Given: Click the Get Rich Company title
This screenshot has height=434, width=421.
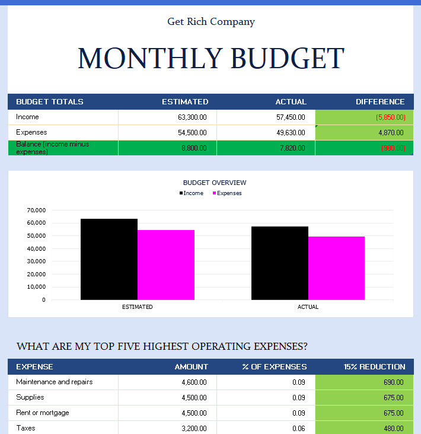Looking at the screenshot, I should tap(211, 22).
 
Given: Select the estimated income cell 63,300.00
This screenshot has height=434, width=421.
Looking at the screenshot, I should tap(192, 117).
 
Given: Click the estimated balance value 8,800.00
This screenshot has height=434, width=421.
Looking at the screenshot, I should tap(194, 148).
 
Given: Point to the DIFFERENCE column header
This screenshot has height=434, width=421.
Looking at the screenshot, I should tap(380, 102).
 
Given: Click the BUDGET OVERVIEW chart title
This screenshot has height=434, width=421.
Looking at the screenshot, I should tap(215, 183).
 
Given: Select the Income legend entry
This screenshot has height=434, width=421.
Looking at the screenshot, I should tap(193, 193).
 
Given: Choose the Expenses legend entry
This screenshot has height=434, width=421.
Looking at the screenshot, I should tap(229, 193).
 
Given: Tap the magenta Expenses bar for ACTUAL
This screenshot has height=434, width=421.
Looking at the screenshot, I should tap(336, 268).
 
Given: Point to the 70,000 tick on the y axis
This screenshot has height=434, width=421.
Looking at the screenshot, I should tap(36, 210).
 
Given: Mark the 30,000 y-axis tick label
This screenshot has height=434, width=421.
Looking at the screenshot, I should tap(36, 261).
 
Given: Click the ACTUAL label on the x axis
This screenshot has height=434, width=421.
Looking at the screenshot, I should tap(308, 307).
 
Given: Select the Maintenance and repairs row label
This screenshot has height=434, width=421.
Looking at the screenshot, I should tap(55, 382).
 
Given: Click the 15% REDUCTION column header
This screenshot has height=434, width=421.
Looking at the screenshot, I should tap(374, 367).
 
